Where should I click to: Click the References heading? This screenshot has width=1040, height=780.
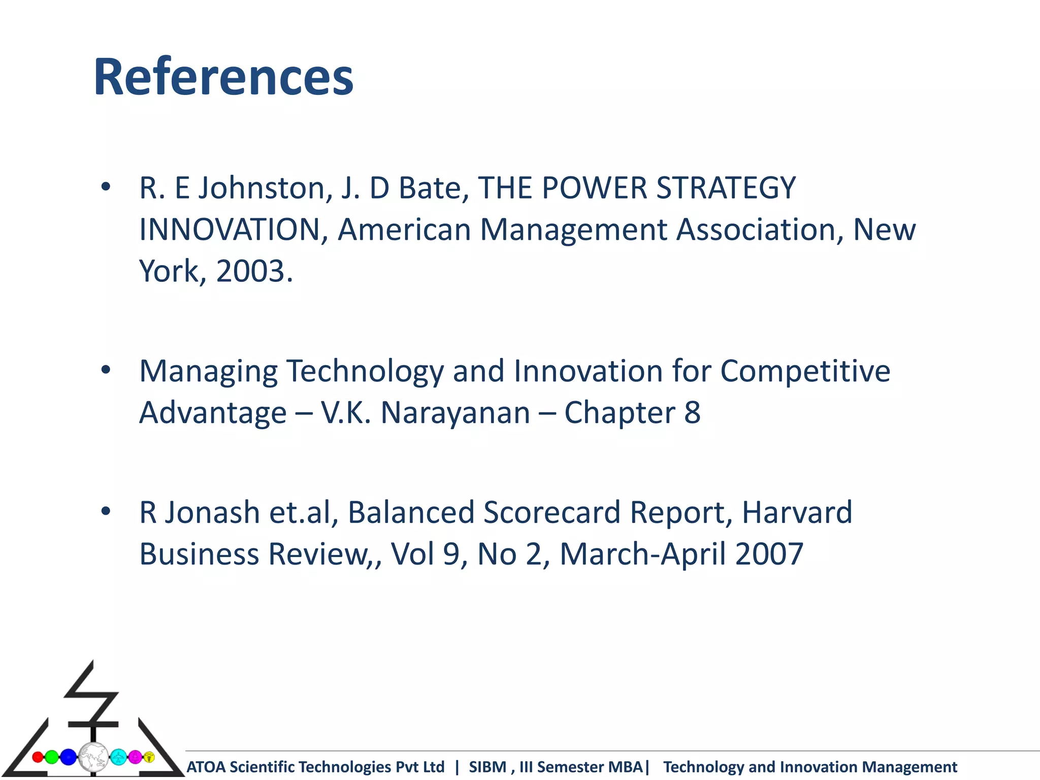[223, 77]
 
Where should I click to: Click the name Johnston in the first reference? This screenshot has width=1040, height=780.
[262, 188]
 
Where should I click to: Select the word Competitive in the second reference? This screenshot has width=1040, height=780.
[805, 371]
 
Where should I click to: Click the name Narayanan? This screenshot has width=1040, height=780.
[456, 413]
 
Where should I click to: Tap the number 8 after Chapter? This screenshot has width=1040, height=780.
[692, 413]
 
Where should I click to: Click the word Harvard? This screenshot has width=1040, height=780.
[797, 512]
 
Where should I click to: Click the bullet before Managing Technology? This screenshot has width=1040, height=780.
[106, 370]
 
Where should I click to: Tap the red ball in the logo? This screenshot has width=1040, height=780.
[38, 757]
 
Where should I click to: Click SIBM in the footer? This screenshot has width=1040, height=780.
[487, 767]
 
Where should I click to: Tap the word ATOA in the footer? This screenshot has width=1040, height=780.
[207, 767]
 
